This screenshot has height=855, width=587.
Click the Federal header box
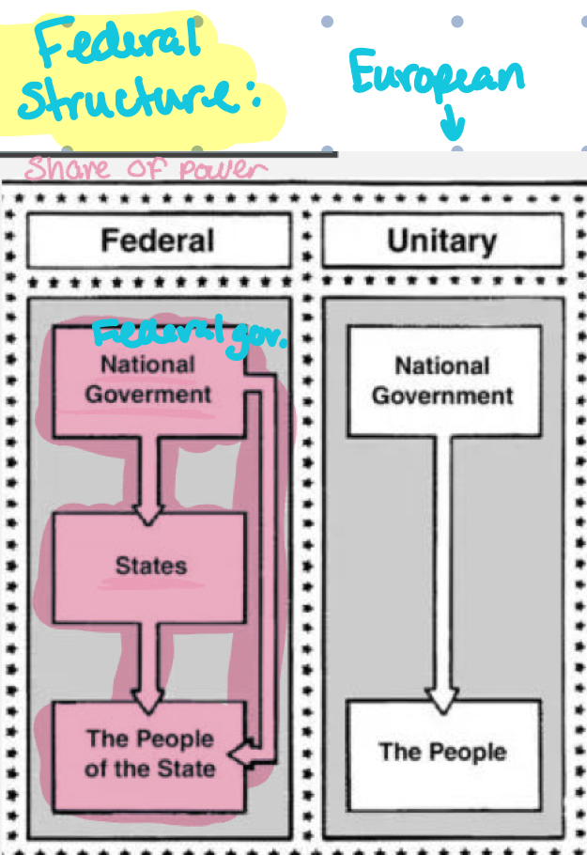(158, 240)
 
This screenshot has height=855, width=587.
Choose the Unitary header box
(441, 240)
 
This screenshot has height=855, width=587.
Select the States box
(150, 567)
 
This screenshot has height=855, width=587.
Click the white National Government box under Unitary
(442, 381)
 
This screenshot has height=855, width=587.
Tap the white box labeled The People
(442, 753)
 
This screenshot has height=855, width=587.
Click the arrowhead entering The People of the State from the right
(241, 753)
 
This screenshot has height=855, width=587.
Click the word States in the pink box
(150, 567)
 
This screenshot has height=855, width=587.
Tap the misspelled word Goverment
(148, 394)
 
